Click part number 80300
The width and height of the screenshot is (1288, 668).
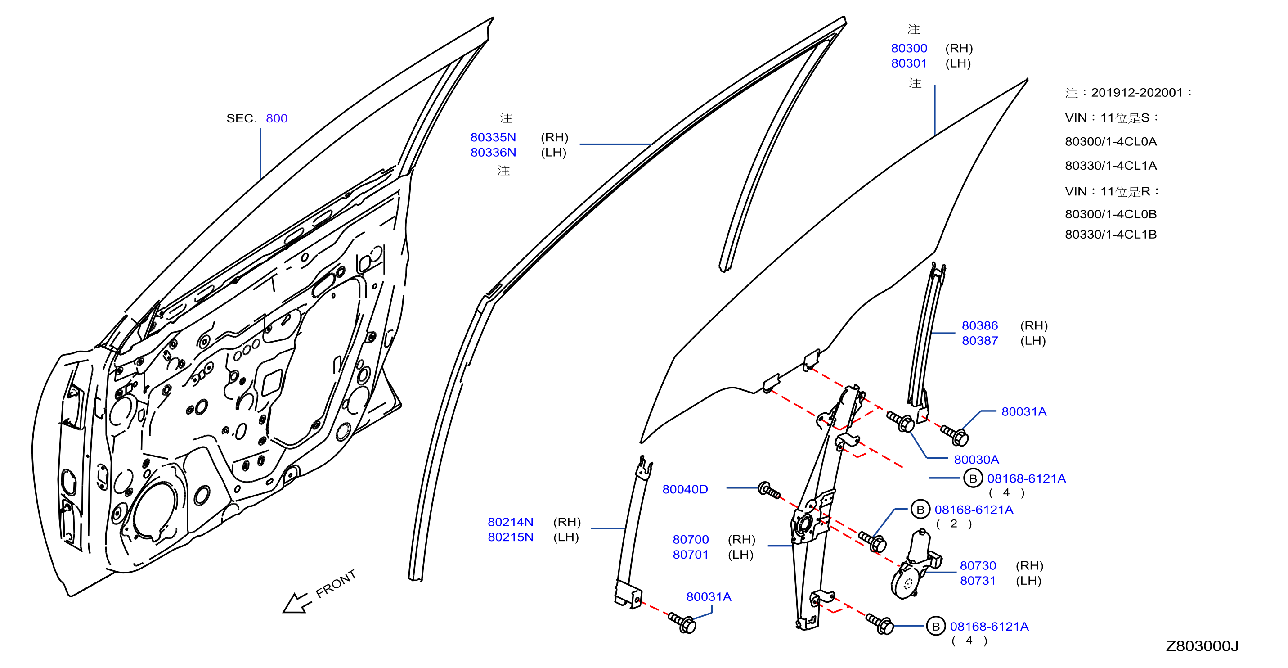(909, 48)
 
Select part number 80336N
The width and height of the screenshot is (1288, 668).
(493, 152)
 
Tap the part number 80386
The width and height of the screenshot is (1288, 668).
(979, 325)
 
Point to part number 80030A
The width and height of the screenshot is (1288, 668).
(976, 459)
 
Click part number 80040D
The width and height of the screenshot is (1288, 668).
(685, 489)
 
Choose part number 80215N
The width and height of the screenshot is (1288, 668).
(511, 537)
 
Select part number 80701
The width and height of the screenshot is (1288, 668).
(691, 555)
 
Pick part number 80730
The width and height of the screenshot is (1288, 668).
(978, 565)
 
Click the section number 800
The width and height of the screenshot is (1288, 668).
(277, 118)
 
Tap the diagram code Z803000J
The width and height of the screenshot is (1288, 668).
(1202, 646)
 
